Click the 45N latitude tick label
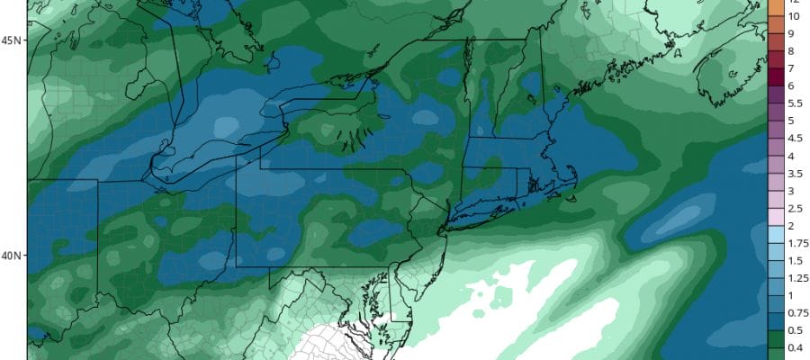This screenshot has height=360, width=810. click(12, 40)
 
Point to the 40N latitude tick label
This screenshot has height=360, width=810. click(12, 256)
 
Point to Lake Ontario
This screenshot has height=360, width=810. click(310, 105)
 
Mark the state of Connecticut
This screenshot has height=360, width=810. click(490, 182)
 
